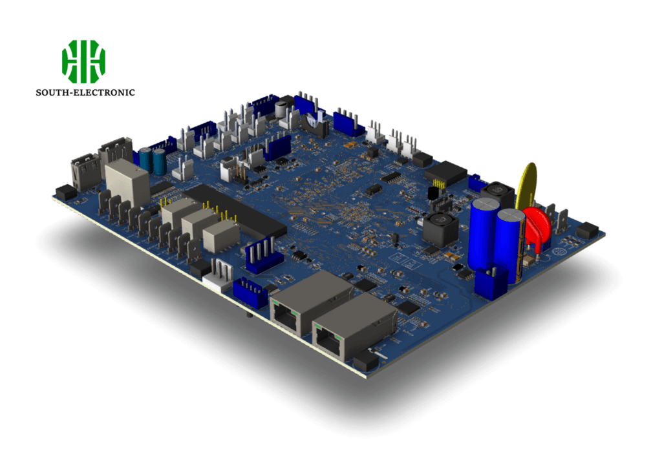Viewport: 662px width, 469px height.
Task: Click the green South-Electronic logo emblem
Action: click(x=84, y=61)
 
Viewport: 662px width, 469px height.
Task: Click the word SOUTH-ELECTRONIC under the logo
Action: click(x=85, y=92)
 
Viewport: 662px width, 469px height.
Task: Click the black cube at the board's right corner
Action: click(x=587, y=230)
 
